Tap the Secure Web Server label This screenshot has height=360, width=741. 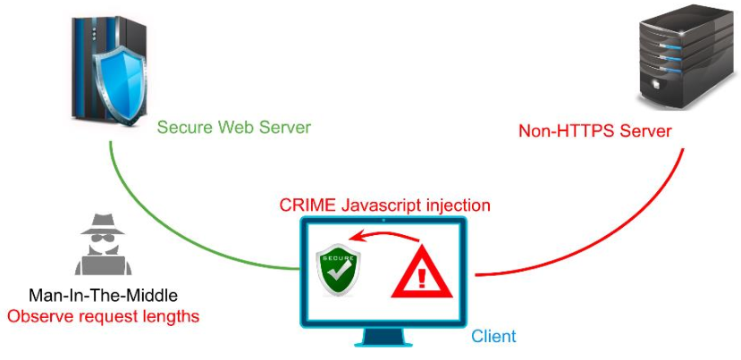[x=234, y=127]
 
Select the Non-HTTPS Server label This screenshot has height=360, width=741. [x=595, y=131]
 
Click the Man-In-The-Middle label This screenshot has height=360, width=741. [x=103, y=296]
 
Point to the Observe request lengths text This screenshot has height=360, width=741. [x=103, y=315]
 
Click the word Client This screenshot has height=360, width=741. [x=494, y=336]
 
